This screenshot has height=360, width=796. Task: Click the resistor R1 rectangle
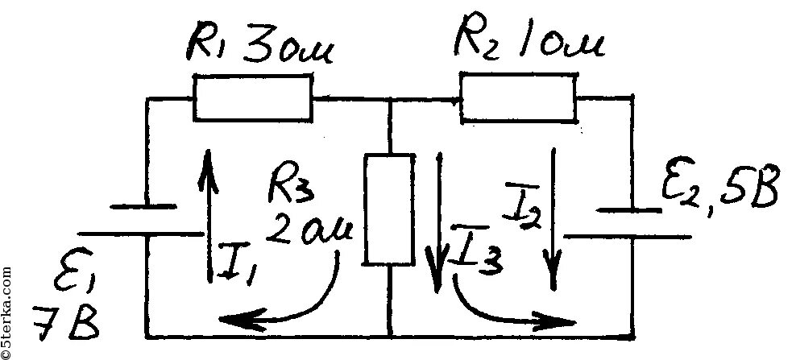252,97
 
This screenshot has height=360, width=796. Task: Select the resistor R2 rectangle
518,97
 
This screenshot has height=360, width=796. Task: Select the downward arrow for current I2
553,217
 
